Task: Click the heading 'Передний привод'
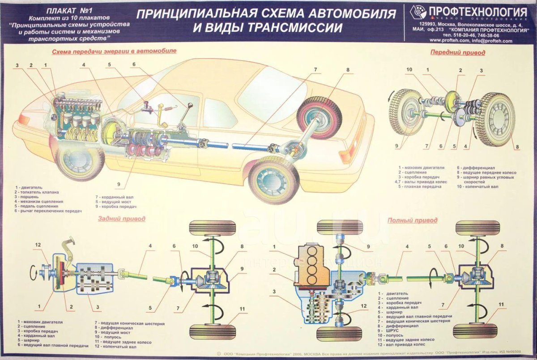tap(457, 52)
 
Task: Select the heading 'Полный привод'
tap(412, 220)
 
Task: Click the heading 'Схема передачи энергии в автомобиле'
tap(114, 51)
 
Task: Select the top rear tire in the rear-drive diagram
tap(212, 228)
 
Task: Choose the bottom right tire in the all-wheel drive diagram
tap(475, 331)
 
